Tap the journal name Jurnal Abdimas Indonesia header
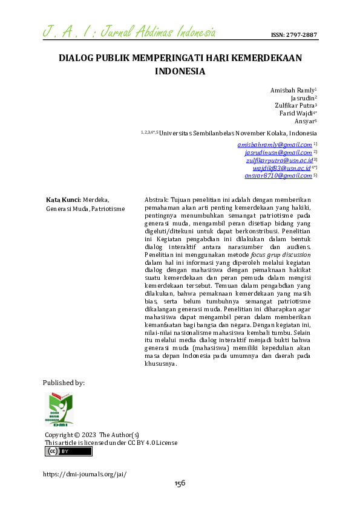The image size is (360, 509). tap(130, 31)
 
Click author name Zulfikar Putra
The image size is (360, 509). tap(295, 105)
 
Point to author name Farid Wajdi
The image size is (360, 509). tap(296, 113)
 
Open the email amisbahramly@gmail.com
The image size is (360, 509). tap(275, 145)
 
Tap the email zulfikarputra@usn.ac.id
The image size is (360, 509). tap(279, 160)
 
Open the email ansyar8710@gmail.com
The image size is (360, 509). tap(278, 176)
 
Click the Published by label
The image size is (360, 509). tap(64, 383)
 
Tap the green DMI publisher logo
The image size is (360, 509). tap(59, 409)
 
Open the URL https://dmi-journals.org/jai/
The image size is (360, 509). tap(85, 475)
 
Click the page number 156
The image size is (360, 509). tap(180, 483)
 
